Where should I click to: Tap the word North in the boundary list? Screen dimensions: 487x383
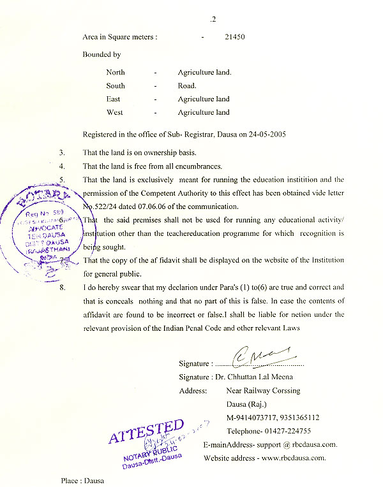tap(116, 73)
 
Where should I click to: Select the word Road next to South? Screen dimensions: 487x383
tap(186, 86)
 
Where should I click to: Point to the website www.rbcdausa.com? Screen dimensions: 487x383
tap(293, 458)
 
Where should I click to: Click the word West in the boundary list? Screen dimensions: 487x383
tap(115, 113)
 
